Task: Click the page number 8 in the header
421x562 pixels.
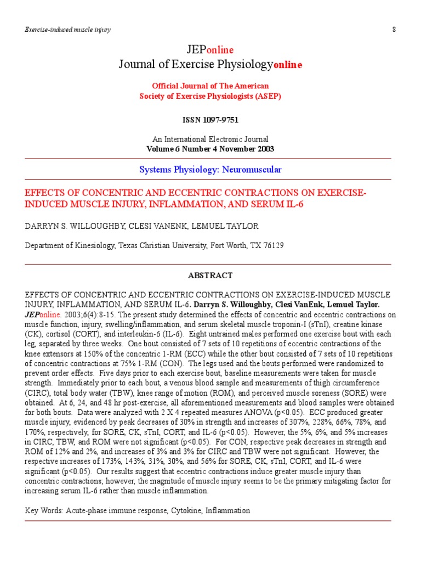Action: (x=394, y=29)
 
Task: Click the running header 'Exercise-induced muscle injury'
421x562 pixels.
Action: (x=67, y=29)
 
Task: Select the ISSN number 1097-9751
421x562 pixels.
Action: (x=223, y=119)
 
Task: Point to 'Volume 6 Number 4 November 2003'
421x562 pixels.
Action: (x=210, y=149)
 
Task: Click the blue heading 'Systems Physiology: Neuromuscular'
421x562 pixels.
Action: (x=210, y=170)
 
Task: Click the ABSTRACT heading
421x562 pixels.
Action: (x=210, y=276)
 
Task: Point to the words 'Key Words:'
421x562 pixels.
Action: (x=44, y=510)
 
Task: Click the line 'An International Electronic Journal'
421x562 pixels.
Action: (x=210, y=139)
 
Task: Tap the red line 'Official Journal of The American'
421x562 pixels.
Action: (x=210, y=86)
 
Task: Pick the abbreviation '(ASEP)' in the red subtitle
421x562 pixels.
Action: (x=267, y=96)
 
